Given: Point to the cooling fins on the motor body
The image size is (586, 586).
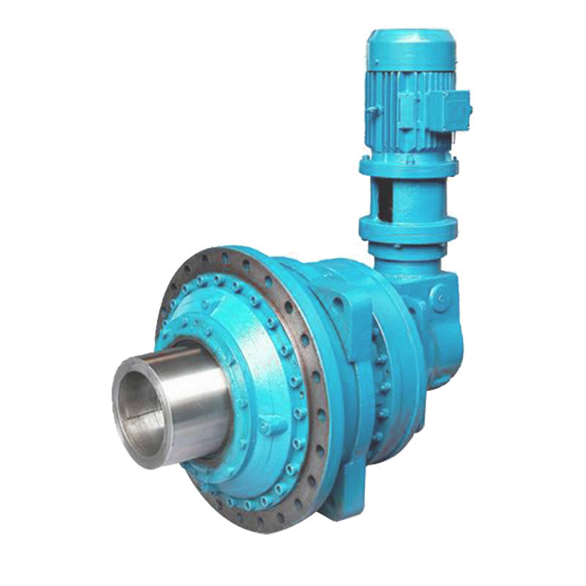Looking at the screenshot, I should [x=396, y=110].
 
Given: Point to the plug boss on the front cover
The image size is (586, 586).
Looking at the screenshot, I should [x=272, y=425].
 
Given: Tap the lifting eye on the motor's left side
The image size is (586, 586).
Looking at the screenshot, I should [x=373, y=109].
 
